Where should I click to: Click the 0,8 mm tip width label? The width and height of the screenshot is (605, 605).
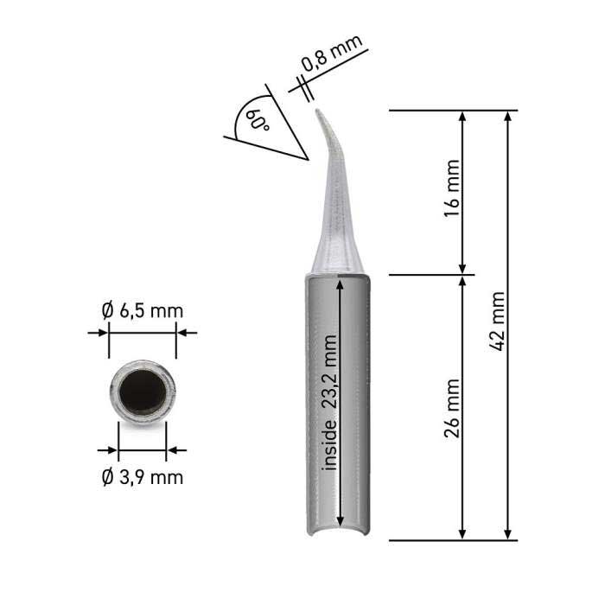click(x=332, y=53)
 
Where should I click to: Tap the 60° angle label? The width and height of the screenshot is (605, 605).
click(x=258, y=119)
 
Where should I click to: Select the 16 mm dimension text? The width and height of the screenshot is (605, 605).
click(x=452, y=188)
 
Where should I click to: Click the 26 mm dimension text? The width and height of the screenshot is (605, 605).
click(x=452, y=408)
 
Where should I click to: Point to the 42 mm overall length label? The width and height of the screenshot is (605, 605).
click(x=497, y=322)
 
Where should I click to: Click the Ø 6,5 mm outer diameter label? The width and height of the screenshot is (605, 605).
click(x=143, y=311)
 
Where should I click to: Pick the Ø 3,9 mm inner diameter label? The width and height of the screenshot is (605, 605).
click(x=143, y=478)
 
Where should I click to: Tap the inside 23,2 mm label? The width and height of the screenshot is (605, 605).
click(x=330, y=403)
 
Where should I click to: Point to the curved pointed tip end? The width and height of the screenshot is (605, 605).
click(x=318, y=111)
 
